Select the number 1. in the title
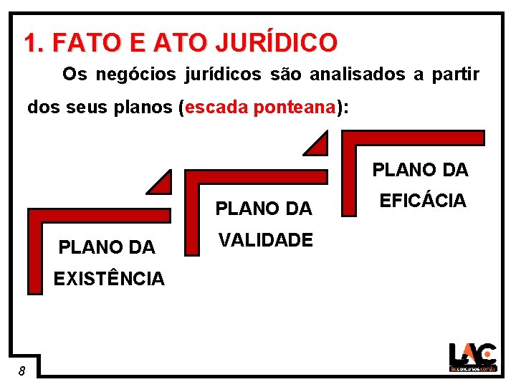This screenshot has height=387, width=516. tap(34, 43)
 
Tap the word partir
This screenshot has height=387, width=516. tap(456, 74)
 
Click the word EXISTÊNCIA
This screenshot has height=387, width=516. tap(109, 279)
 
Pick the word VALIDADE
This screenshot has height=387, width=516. tap(266, 240)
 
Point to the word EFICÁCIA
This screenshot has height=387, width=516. tap(423, 201)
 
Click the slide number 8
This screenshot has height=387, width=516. tap(23, 371)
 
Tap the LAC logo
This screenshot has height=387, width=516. tap(472, 357)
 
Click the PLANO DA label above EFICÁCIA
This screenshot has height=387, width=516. tap(420, 170)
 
